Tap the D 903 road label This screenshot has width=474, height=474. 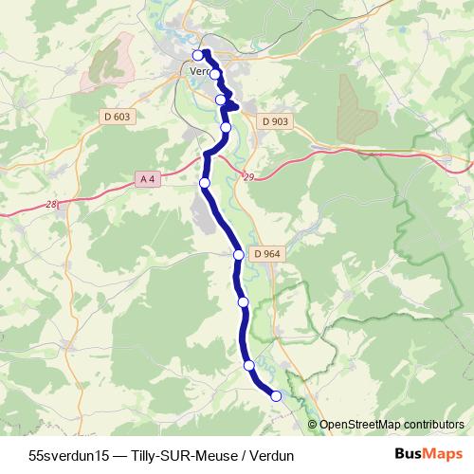click(274, 121)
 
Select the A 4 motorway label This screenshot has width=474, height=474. click(147, 178)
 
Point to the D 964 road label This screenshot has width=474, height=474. click(267, 254)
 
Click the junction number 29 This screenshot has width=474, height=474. click(248, 177)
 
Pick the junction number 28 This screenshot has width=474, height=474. click(51, 204)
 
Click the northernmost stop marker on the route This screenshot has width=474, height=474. click(199, 55)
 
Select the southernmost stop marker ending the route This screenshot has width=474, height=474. click(277, 396)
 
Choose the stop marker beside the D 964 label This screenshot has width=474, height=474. click(239, 254)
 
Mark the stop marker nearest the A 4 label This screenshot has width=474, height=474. click(204, 182)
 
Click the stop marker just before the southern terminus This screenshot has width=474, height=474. click(248, 365)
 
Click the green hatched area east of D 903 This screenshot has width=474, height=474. click(355, 109)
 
